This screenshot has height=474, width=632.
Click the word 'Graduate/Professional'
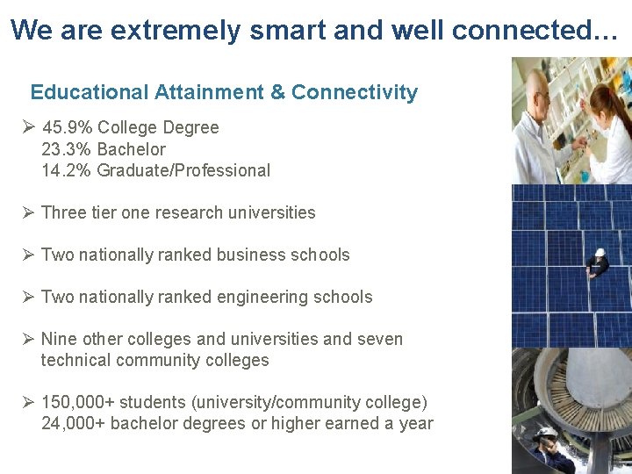[183, 170]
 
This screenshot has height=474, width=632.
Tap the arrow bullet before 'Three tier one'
[28, 212]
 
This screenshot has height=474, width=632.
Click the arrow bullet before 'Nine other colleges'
[28, 339]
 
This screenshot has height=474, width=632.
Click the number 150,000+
[77, 402]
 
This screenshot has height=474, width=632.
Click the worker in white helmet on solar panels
[600, 261]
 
